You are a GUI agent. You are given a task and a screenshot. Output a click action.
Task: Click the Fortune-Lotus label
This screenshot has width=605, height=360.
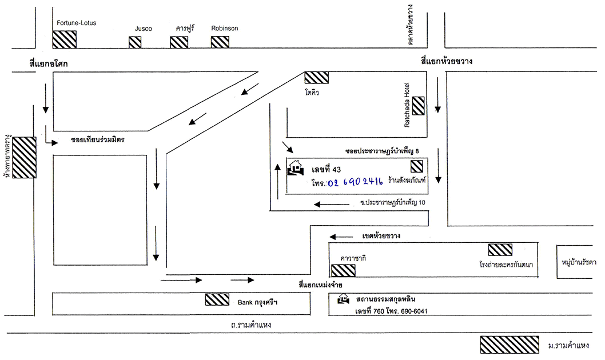click(77, 23)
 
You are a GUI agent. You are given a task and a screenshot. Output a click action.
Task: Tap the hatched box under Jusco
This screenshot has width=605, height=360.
click(135, 42)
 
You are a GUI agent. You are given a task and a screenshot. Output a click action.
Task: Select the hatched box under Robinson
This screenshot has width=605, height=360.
click(220, 42)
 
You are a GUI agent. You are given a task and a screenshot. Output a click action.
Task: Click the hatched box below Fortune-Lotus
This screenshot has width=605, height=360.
click(64, 39)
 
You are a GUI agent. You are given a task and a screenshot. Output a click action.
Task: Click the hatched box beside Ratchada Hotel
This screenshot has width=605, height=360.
click(418, 105)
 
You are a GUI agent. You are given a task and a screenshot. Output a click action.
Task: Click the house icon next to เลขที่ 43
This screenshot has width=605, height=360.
click(296, 169)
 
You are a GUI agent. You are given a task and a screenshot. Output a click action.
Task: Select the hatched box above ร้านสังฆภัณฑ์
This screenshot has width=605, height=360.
click(417, 166)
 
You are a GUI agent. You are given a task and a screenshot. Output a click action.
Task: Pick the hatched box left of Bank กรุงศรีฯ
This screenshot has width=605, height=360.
click(217, 299)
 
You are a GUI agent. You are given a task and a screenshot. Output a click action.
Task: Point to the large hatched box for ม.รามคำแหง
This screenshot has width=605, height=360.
click(509, 345)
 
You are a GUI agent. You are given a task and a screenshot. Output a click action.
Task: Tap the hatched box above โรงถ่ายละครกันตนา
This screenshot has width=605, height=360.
click(500, 249)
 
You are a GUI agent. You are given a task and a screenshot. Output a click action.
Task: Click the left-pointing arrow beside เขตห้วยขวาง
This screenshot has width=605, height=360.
click(341, 237)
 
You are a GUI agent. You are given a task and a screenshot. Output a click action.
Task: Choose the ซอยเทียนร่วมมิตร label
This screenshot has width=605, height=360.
click(98, 139)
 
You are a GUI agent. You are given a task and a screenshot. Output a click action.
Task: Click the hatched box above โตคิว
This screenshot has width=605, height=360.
click(316, 77)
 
